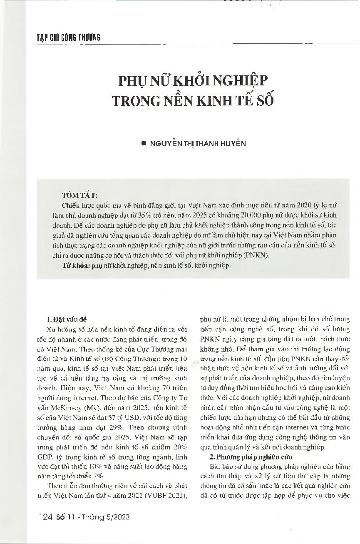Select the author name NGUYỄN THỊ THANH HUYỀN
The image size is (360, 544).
[197, 143]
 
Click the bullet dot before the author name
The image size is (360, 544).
[144, 143]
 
